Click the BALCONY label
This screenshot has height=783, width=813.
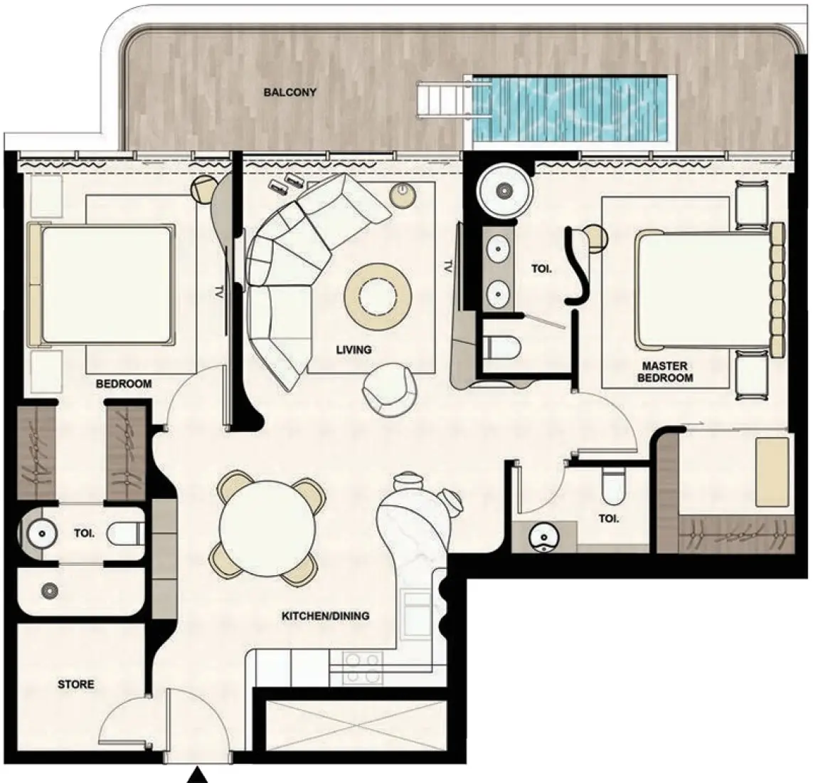point(289,93)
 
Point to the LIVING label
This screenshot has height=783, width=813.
point(354,350)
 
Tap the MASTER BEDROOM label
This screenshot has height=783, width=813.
point(664,372)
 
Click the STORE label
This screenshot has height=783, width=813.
point(75,684)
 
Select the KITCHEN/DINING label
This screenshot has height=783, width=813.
point(326,616)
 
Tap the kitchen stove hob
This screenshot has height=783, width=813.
point(363,668)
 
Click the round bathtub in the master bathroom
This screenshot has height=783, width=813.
point(504,190)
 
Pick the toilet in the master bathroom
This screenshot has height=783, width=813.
point(501,347)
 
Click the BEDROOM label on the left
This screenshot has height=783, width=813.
point(124,384)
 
